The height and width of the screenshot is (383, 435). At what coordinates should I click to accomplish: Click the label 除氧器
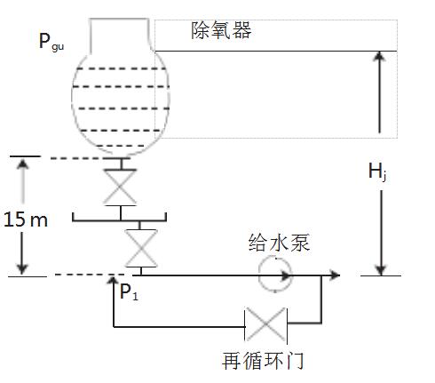pos(221,30)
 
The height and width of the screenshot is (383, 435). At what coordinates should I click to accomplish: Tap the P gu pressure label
pos(51,42)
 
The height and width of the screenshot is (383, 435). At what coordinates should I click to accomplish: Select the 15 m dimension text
pos(26,219)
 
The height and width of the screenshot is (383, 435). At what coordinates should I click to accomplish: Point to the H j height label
pos(377,172)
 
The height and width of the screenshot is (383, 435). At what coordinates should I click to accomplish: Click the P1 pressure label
pos(129,292)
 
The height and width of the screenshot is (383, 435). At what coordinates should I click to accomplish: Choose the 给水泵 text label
pos(279,243)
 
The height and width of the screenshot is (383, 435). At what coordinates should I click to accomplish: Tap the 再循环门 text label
pos(263,361)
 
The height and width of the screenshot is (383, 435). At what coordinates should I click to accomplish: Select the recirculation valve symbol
pos(265,324)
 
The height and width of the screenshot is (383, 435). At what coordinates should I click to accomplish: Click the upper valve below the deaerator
pos(120,188)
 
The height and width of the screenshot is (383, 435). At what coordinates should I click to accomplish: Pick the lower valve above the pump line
pos(141,248)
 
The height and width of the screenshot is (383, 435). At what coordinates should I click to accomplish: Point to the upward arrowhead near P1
pos(113,280)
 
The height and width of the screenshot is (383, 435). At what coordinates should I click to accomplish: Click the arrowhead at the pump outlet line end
pos(335,275)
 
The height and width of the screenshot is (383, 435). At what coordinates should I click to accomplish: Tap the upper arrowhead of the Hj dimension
pos(379,57)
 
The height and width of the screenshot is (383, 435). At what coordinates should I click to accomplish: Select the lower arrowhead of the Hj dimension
pos(381,270)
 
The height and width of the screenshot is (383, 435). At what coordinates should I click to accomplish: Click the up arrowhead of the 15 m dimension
pos(22,164)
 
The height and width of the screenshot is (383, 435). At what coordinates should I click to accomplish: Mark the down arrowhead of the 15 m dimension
pos(21,268)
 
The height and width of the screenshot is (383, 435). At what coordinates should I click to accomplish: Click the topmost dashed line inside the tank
pos(121,69)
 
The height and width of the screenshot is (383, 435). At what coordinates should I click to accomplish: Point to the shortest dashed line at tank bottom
pos(121,146)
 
